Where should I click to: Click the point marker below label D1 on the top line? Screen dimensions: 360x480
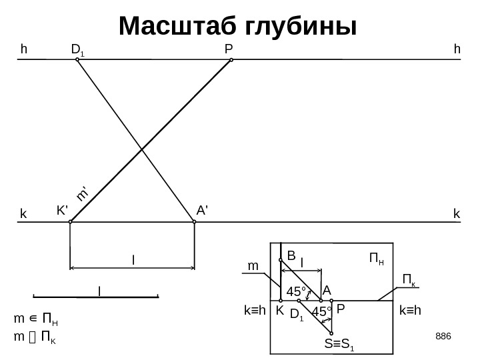pos(77,60)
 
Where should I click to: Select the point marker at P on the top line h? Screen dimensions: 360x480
pos(231,60)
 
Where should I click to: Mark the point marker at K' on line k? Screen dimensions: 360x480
pos(70,222)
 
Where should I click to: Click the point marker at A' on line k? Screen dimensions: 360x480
pos(194,222)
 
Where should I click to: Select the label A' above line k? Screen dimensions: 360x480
pos(203,210)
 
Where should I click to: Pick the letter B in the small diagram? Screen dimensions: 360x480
pos(291,255)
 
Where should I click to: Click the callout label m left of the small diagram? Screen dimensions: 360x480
pos(253,266)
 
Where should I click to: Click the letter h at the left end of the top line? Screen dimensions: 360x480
pos(24,49)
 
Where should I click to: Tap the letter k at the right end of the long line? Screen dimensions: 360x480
pos(456,213)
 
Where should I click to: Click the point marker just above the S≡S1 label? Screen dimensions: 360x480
pos(331,333)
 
